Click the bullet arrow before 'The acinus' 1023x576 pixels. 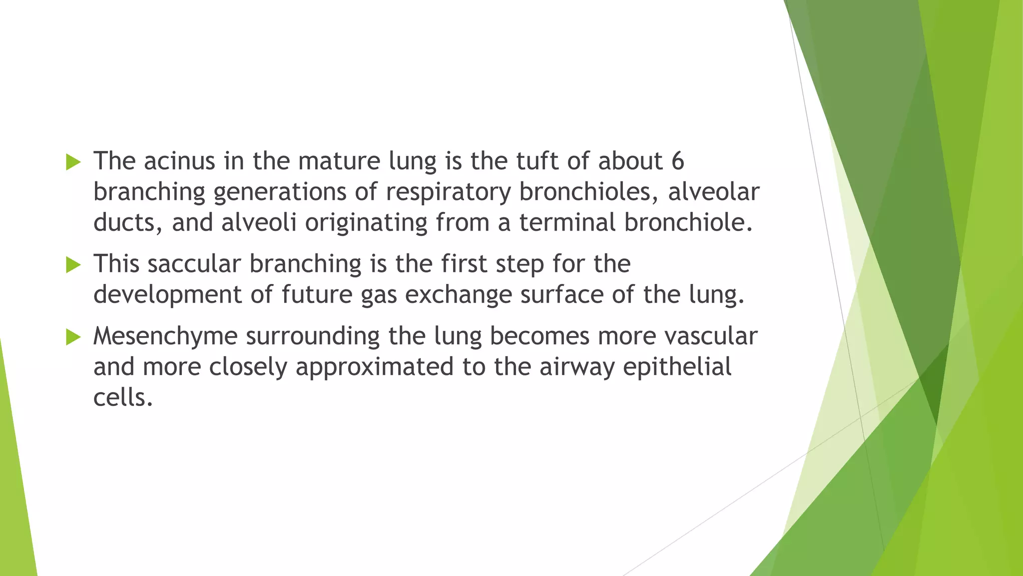[x=73, y=162]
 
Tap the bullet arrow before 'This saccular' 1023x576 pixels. [x=73, y=265]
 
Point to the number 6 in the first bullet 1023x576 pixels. [x=677, y=161]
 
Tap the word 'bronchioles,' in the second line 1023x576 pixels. [x=589, y=192]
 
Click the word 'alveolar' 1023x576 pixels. [x=713, y=192]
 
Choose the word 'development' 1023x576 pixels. [x=167, y=295]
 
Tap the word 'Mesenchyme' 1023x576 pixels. [x=165, y=336]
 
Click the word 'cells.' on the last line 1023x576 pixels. [x=123, y=398]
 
